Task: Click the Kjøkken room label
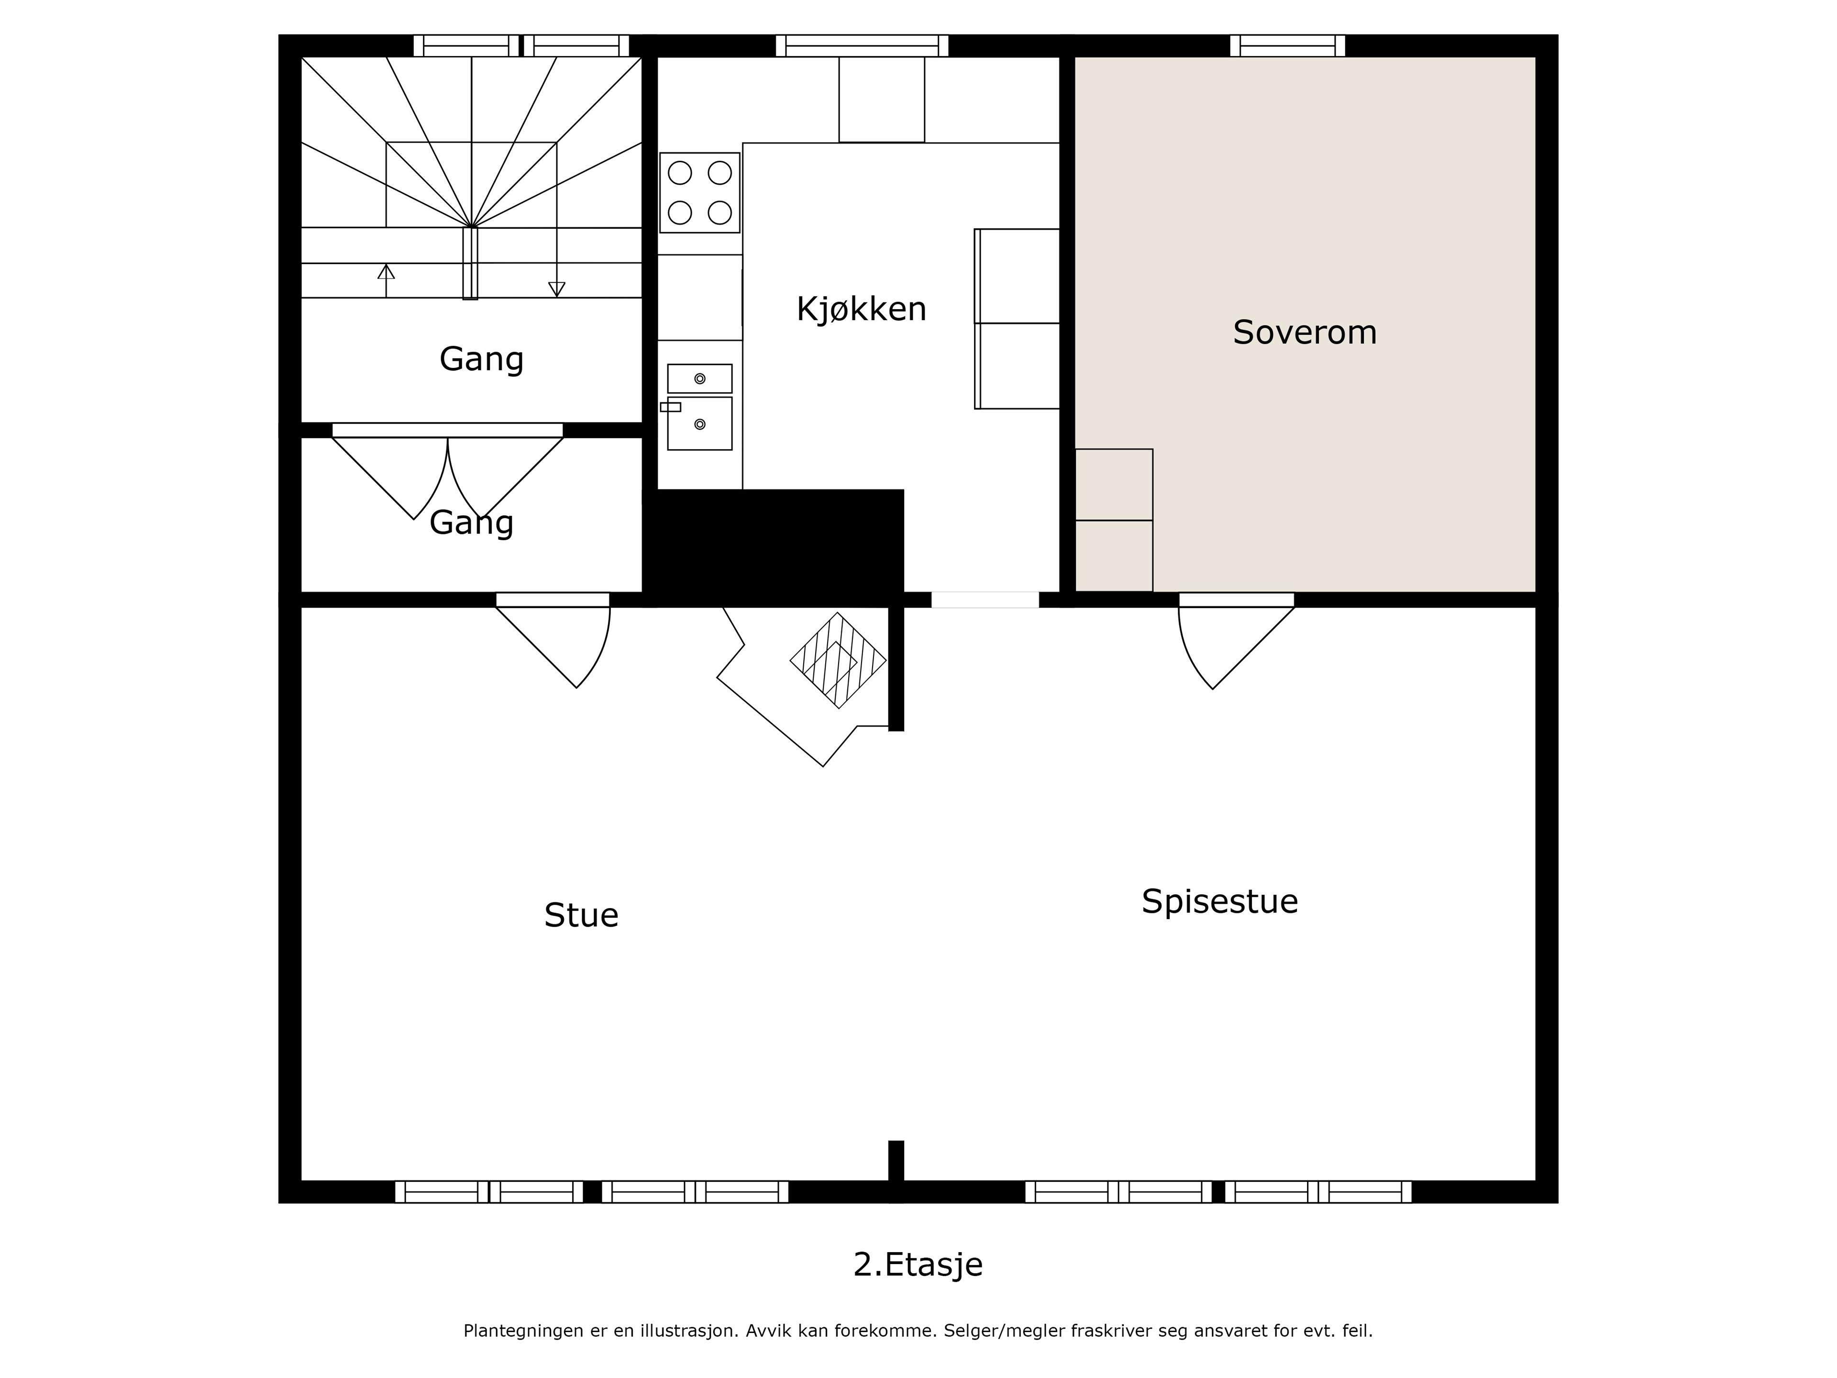(861, 309)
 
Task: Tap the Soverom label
(1305, 332)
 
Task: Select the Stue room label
(581, 915)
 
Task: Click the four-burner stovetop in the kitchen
(700, 193)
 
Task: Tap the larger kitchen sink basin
(700, 423)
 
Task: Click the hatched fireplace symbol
(838, 660)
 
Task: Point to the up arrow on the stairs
(386, 281)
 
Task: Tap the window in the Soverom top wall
(1287, 45)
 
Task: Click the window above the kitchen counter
(862, 45)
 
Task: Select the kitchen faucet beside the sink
(670, 407)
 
